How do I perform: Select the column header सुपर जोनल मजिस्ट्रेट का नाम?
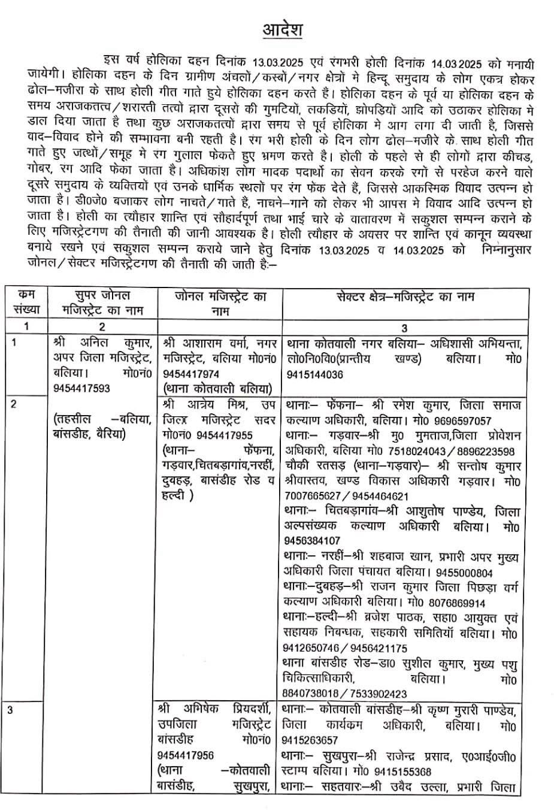click(x=102, y=302)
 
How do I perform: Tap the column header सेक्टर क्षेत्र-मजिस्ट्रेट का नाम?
click(x=404, y=296)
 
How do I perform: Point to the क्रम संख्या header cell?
click(x=26, y=302)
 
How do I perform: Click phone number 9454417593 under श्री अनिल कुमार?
click(x=81, y=388)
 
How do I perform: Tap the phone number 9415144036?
click(x=316, y=374)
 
